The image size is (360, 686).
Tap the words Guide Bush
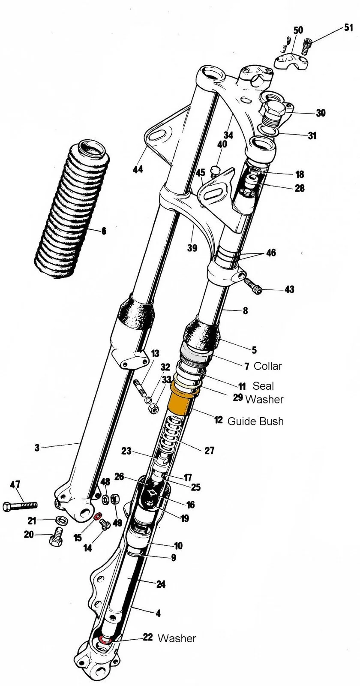coord(255,421)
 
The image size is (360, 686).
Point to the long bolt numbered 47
coord(20,506)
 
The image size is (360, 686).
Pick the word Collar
coord(268,366)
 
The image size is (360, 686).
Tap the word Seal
coord(263,385)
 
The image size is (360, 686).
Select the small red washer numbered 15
coord(97,516)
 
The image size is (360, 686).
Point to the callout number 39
coord(192,248)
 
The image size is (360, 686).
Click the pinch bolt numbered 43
coord(253,285)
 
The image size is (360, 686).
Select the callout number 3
coord(37,448)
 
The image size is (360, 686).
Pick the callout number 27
coord(209,451)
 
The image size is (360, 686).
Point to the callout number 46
coord(271,253)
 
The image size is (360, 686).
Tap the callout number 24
coord(161,584)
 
